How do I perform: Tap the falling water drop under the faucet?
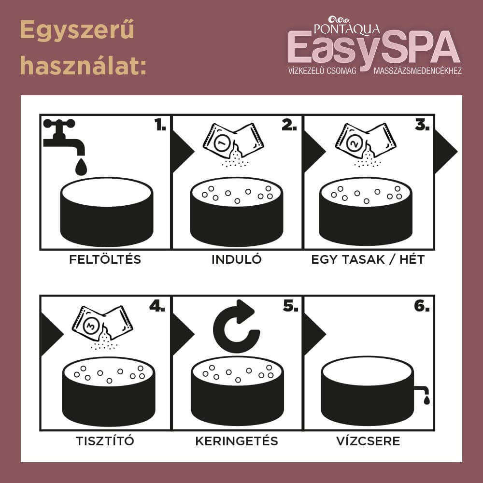point(81,167)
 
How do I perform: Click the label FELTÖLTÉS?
point(105,259)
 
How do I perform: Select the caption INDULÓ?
point(237,259)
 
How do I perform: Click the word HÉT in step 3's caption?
point(412,259)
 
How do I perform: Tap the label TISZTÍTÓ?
point(105,441)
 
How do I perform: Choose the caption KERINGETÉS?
point(237,441)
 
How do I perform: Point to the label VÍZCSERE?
point(368,441)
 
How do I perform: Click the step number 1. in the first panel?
point(160,125)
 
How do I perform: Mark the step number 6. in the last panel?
point(422,306)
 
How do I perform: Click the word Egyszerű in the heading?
point(77,30)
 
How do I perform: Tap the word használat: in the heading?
point(83,65)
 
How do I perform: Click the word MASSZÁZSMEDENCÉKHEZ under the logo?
point(418,71)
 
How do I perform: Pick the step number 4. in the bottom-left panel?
point(157,306)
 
